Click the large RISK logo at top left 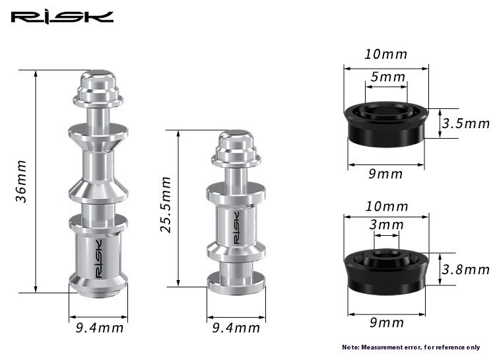point(62,17)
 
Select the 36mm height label point(21,182)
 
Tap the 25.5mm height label point(166,205)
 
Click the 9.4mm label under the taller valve point(100,328)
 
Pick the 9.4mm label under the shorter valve point(236,328)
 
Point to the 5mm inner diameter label point(387,77)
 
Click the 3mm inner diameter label point(386,225)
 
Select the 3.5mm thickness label point(466,124)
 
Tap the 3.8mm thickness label point(466,270)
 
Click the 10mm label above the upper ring point(386,54)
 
